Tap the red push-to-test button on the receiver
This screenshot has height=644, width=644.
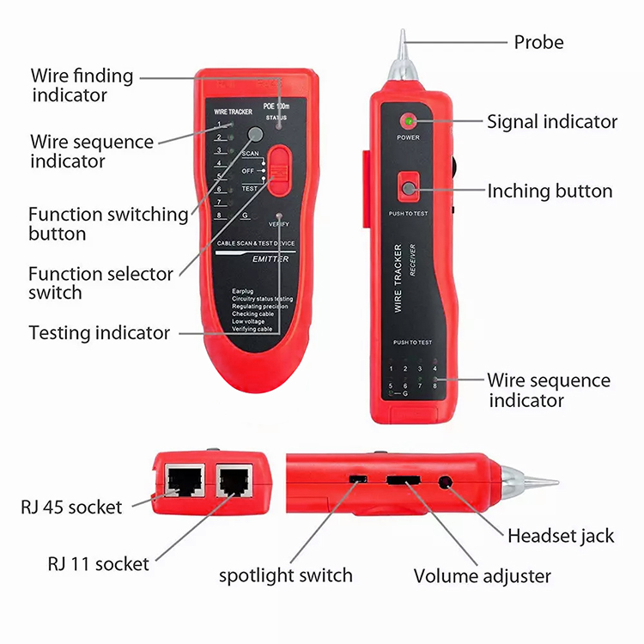(409, 188)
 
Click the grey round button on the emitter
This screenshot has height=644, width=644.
(255, 134)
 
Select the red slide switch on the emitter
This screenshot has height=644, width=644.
(278, 167)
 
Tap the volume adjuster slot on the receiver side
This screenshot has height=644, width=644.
(404, 480)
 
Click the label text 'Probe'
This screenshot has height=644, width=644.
(538, 42)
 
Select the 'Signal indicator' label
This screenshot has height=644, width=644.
(552, 122)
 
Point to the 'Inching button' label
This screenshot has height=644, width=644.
(550, 191)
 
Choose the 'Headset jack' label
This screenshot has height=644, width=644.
(561, 536)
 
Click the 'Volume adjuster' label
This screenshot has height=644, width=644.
(483, 575)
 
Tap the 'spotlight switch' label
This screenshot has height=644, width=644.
(286, 575)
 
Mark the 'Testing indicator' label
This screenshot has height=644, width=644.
(100, 332)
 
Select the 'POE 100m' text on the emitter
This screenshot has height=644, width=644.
(276, 106)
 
